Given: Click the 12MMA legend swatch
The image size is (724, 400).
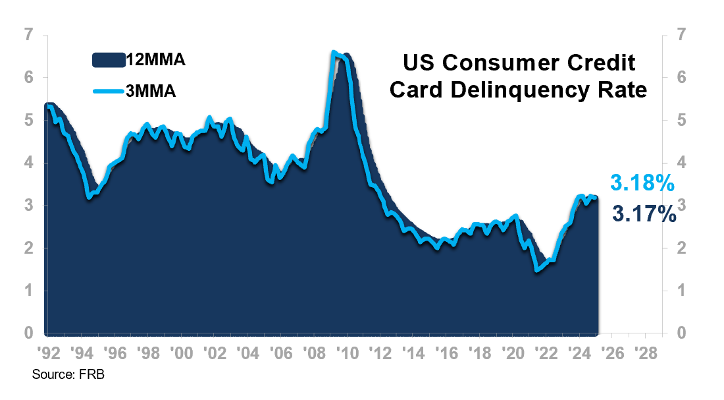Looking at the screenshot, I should coord(109,61).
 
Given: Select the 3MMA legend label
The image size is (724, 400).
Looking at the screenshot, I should coord(151,92).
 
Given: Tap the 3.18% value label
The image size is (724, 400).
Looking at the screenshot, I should coord(642,183).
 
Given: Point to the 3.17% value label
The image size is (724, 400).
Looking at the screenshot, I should coord(644,214).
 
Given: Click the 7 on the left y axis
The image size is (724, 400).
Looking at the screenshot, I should coord(28,35).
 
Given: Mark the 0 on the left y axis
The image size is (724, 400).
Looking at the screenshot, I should coord(28,333).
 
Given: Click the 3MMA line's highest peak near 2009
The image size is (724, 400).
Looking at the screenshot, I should coord(334,51).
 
